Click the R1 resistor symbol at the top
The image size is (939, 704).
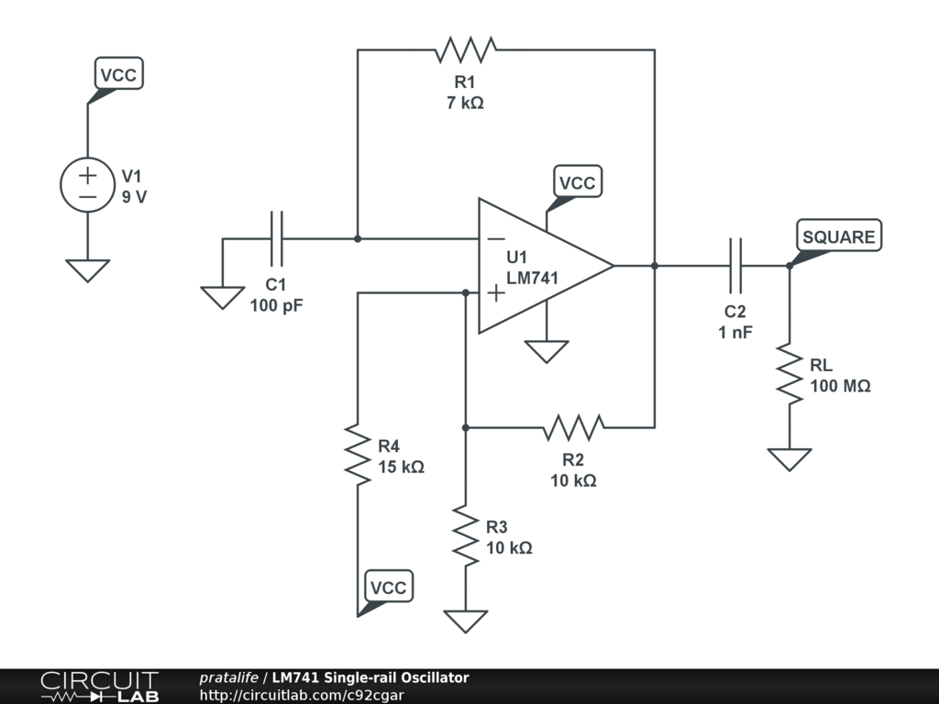467,49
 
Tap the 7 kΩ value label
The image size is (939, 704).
465,104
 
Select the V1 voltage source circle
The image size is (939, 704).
88,184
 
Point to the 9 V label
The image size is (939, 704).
134,196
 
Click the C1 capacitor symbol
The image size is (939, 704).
277,239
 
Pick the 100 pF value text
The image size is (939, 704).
276,305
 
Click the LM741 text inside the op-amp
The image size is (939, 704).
533,277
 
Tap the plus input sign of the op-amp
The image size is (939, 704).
495,292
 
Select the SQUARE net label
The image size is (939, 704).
838,236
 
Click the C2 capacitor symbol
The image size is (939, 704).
735,266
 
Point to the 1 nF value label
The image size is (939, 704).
735,332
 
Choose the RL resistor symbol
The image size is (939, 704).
790,372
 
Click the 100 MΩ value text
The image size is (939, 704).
840,387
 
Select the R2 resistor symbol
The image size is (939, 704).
573,427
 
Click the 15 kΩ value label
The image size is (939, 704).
401,467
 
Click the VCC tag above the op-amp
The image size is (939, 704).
577,183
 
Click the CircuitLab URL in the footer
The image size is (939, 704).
302,695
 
